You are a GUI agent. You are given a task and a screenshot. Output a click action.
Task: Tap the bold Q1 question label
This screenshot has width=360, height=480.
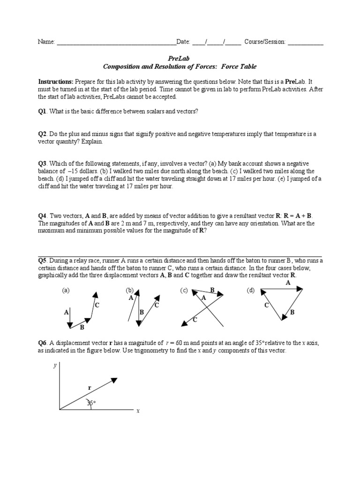42,111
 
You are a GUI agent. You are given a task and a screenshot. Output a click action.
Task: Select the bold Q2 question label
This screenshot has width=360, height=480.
42,134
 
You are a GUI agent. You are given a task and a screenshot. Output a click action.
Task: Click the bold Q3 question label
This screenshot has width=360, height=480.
42,163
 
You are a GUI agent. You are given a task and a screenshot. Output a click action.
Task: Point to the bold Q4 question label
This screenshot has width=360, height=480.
42,216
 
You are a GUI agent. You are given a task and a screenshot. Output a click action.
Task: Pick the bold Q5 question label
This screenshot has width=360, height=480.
42,260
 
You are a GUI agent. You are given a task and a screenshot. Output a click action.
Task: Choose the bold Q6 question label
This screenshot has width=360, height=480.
42,343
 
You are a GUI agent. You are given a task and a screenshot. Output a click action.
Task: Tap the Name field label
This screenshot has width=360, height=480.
46,42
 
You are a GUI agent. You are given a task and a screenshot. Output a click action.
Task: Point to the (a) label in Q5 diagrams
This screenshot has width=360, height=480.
66,291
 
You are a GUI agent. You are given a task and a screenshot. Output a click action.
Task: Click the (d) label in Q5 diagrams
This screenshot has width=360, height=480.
250,291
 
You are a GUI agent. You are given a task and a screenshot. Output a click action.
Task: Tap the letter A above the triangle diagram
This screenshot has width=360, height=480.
288,283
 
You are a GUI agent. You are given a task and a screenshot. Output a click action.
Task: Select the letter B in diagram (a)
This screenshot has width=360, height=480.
82,327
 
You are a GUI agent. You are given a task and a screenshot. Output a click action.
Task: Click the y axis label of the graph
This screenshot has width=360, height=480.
55,366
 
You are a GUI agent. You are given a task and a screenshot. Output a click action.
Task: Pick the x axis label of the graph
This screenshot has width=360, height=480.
138,411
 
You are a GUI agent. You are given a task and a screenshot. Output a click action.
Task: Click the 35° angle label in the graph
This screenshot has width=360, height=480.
91,402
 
